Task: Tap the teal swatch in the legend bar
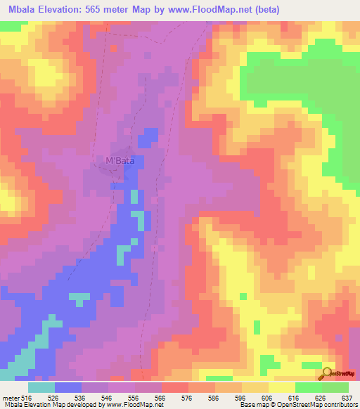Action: click(41, 388)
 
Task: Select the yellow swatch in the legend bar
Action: click(281, 388)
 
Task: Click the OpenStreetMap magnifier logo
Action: click(328, 372)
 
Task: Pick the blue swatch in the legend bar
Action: click(68, 388)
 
